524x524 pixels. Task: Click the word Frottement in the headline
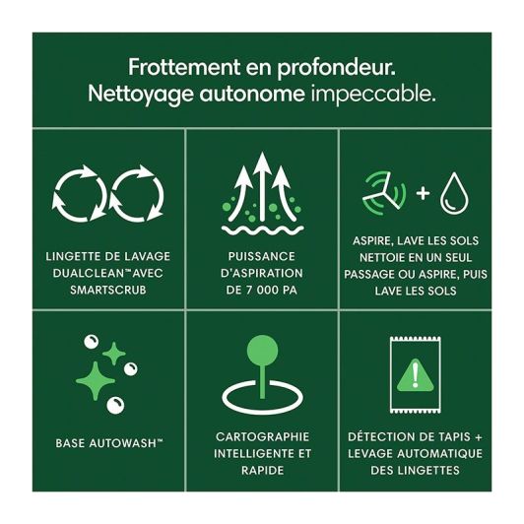pos(184,67)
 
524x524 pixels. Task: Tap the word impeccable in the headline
pos(373,94)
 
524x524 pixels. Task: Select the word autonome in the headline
pos(252,95)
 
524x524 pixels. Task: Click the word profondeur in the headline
pos(336,68)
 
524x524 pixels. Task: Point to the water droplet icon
pos(454,193)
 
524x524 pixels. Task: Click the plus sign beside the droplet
pos(424,193)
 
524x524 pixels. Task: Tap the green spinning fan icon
pos(384,193)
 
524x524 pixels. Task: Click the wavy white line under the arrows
pos(262,230)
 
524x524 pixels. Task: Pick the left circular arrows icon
pos(79,194)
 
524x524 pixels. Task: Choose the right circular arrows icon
pos(137,194)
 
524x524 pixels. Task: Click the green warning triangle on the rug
pos(415,375)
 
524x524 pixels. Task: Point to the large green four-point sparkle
pos(96,381)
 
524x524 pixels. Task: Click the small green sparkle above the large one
pos(114,354)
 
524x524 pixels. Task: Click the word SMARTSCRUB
pos(108,290)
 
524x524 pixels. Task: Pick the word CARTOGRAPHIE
pos(262,436)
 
